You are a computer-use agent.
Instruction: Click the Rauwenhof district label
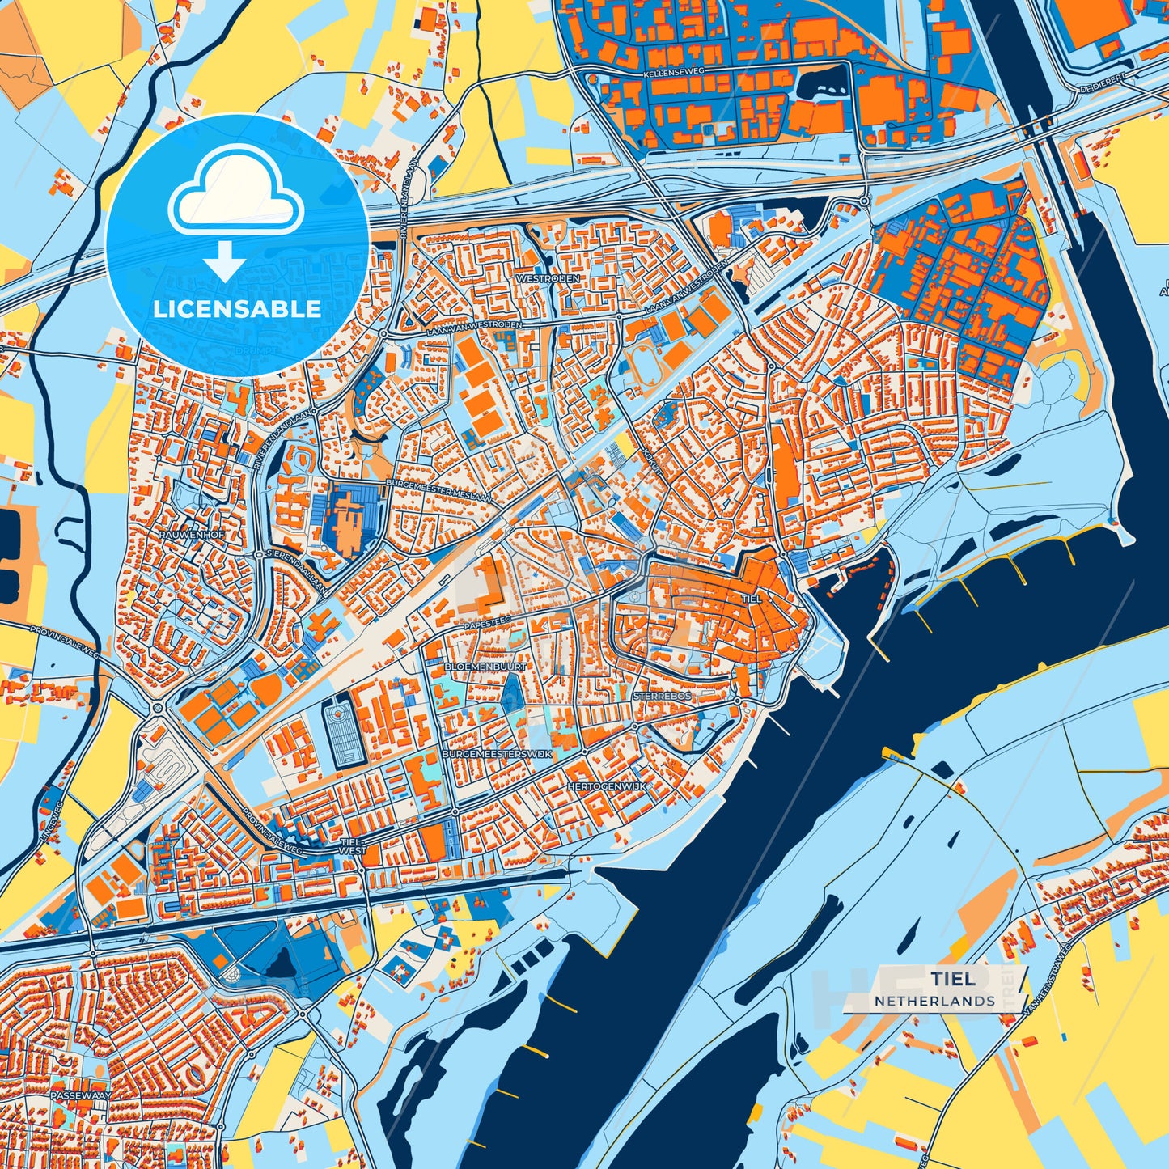click(x=191, y=536)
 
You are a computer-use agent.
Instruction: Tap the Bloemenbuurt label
click(x=485, y=666)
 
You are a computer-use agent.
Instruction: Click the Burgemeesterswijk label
click(x=497, y=753)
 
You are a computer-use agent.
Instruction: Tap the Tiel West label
click(x=352, y=846)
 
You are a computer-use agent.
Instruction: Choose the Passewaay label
click(x=79, y=1095)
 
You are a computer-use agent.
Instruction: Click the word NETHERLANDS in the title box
click(x=934, y=1001)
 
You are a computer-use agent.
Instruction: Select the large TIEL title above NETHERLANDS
click(x=952, y=978)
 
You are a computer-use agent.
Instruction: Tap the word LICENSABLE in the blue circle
click(x=236, y=309)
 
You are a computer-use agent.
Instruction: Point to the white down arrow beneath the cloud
click(x=225, y=261)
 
